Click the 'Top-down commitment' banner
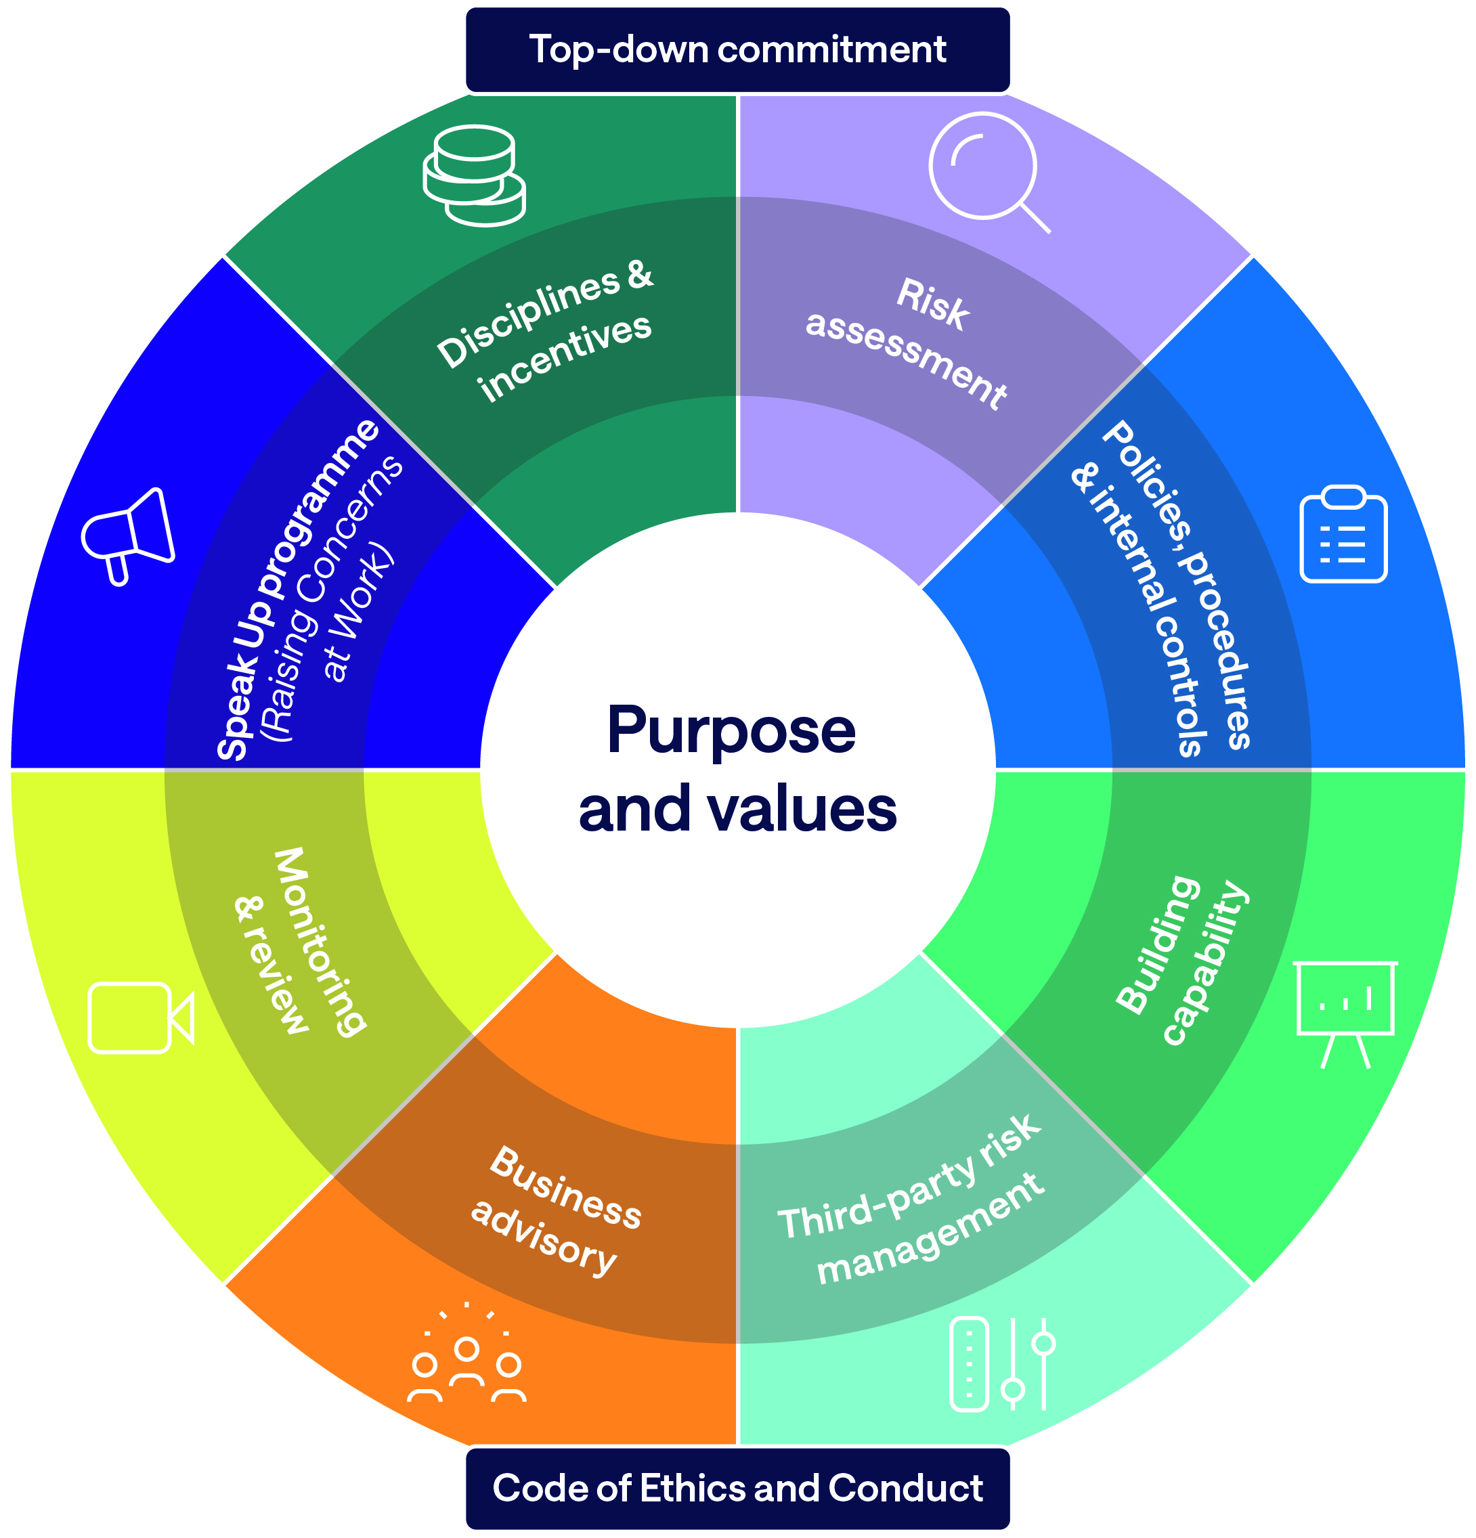click(737, 49)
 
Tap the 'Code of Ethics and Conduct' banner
click(737, 1488)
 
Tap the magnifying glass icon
click(987, 171)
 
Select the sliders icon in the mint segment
click(1001, 1364)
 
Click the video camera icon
click(140, 1017)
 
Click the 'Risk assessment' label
click(910, 342)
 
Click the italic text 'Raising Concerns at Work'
click(334, 605)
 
